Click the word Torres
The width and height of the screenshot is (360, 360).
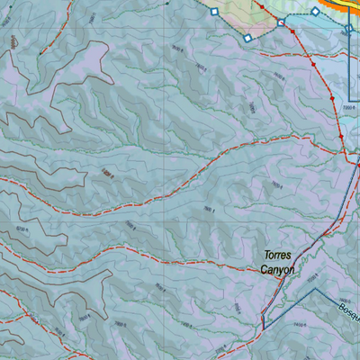click(x=279, y=256)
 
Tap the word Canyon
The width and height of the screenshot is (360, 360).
click(x=277, y=269)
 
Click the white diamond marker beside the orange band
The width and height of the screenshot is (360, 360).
click(x=316, y=11)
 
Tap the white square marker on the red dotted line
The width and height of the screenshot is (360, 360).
click(x=281, y=22)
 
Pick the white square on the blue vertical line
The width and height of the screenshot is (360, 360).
click(x=349, y=28)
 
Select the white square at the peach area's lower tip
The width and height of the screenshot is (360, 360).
click(x=247, y=39)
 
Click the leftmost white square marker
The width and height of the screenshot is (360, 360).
click(x=213, y=12)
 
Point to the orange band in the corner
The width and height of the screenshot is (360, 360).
click(x=346, y=4)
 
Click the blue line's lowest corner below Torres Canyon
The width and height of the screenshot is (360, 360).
click(x=263, y=321)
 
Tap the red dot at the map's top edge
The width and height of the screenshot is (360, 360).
click(x=262, y=5)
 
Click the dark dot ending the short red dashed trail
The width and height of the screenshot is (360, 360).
click(x=166, y=3)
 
